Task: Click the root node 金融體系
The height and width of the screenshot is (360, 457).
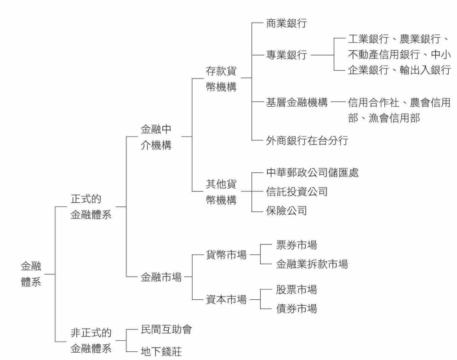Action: click(x=31, y=274)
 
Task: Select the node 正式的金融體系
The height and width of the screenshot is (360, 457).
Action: click(x=91, y=207)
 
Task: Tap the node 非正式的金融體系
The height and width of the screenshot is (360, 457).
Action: click(x=91, y=341)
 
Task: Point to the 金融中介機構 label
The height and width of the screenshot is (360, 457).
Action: click(x=156, y=137)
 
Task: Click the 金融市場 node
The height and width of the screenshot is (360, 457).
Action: click(x=160, y=277)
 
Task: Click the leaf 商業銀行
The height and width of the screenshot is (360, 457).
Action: click(x=286, y=24)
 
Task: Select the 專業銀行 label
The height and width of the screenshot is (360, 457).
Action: click(x=286, y=56)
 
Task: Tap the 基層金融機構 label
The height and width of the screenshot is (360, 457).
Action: click(x=297, y=103)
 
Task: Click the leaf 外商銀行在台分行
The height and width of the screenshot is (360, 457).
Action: click(x=307, y=141)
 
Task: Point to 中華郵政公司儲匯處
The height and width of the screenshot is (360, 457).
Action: click(x=312, y=173)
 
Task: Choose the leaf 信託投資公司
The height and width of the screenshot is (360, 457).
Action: click(x=297, y=192)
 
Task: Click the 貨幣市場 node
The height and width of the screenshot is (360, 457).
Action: click(x=226, y=255)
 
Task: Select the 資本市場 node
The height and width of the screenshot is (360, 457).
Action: click(x=226, y=300)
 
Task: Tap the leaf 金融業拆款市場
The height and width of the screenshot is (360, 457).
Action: click(x=312, y=264)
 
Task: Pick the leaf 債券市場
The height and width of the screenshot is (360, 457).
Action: click(x=296, y=309)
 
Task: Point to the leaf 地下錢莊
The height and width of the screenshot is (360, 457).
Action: click(x=160, y=352)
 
